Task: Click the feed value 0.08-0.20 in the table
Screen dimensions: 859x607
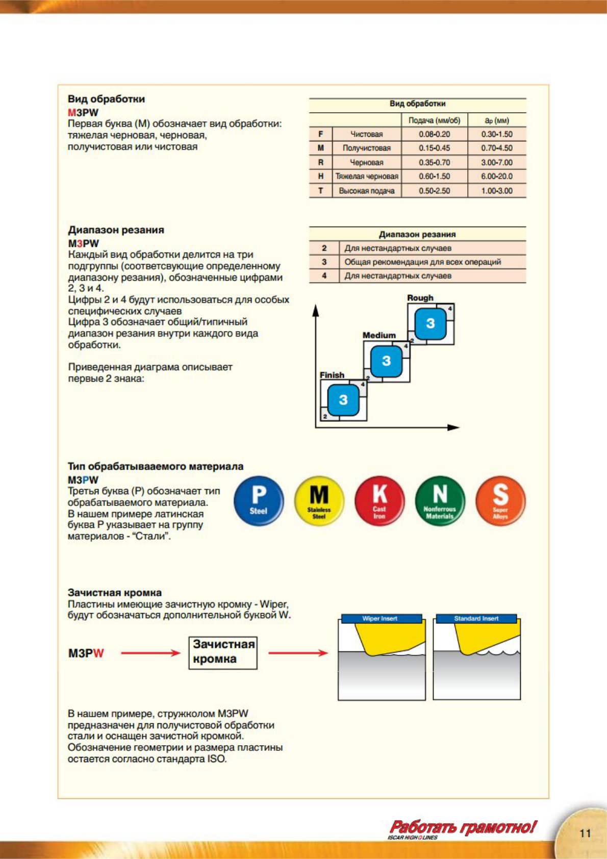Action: tap(434, 134)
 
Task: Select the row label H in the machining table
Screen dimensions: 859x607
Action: tap(321, 176)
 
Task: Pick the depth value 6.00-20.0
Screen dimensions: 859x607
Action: tap(496, 176)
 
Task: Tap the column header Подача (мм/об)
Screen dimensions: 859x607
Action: tap(434, 120)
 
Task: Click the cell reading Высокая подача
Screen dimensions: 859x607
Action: tap(366, 191)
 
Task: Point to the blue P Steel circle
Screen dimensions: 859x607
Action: tap(259, 500)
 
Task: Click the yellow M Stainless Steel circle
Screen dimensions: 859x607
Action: tap(319, 500)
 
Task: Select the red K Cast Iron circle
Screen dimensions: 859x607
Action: tap(380, 500)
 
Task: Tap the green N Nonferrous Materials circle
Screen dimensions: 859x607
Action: tap(440, 500)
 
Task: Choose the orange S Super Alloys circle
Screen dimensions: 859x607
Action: tap(500, 500)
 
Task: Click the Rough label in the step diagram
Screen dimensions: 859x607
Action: tap(420, 298)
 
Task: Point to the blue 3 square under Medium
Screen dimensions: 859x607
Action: tap(386, 361)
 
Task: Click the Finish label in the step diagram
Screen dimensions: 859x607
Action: tap(332, 375)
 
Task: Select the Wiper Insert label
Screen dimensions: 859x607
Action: tap(380, 619)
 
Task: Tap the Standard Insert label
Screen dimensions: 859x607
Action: tap(476, 619)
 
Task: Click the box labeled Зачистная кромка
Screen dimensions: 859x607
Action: tap(223, 652)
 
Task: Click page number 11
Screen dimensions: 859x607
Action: tap(585, 833)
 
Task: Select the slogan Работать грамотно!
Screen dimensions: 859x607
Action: tap(463, 827)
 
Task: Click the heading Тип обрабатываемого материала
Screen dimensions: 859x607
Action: tap(156, 466)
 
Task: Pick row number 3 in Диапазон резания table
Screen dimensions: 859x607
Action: tap(324, 262)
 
